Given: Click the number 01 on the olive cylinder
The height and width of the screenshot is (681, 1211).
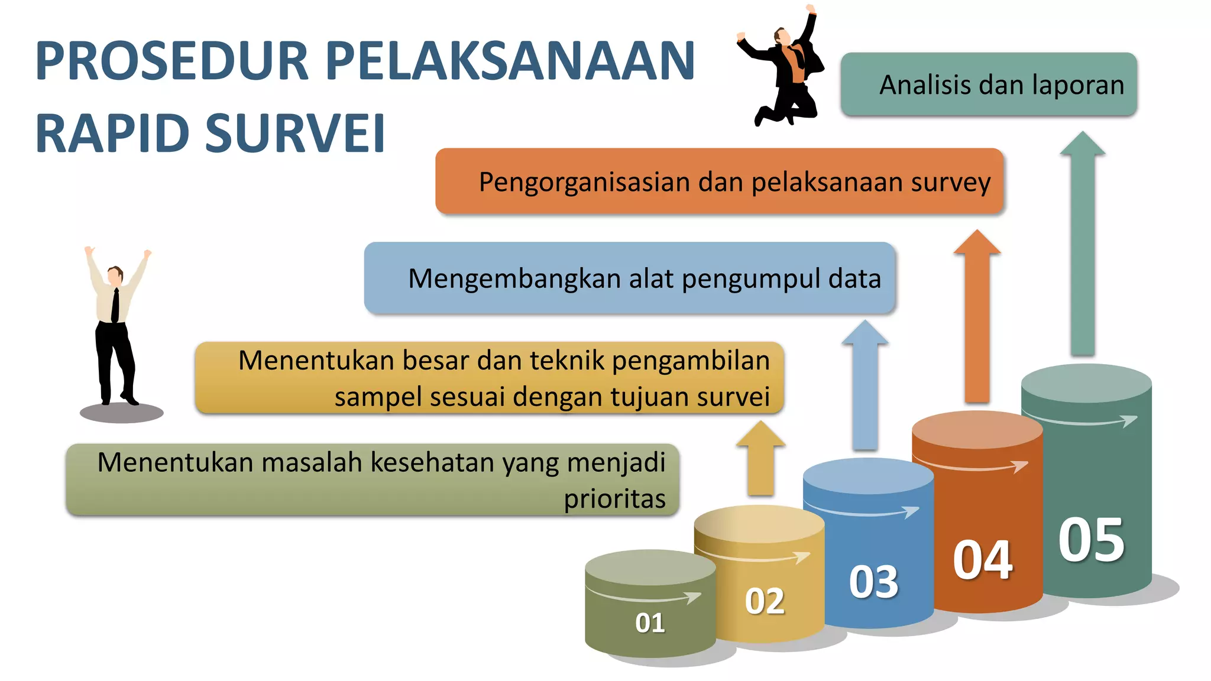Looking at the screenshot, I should coord(650,622).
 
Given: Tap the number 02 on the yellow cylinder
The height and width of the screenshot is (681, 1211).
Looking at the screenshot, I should coord(765,601).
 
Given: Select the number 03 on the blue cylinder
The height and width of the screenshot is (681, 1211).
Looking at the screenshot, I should coord(873,582).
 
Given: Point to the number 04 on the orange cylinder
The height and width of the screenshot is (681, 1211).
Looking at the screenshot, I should coord(983,560).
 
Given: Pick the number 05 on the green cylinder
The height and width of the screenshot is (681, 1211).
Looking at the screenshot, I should coord(1091,540).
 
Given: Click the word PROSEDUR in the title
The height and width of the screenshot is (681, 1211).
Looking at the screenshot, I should coord(172,60).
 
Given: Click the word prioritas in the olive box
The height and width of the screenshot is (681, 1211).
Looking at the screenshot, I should coord(614,499).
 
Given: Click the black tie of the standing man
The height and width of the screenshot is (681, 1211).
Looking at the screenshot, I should coord(115,306).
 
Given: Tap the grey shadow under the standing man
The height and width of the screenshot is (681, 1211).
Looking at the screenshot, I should coord(121,413).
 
